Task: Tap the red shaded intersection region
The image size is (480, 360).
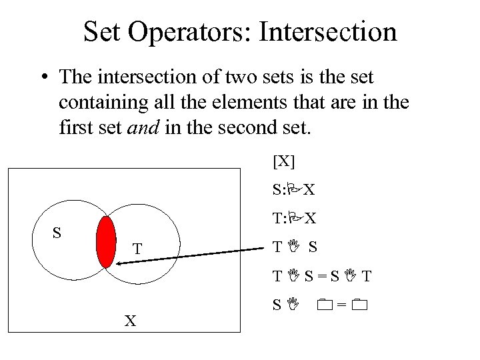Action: pyautogui.click(x=106, y=241)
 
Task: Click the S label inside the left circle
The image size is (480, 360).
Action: pyautogui.click(x=57, y=233)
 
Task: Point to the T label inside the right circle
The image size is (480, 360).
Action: pyautogui.click(x=136, y=249)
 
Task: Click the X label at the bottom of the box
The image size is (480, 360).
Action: pyautogui.click(x=131, y=321)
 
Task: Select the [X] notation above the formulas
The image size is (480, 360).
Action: pyautogui.click(x=283, y=161)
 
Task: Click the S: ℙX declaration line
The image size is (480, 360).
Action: pyautogui.click(x=293, y=191)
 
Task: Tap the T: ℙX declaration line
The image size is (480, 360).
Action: pyautogui.click(x=293, y=219)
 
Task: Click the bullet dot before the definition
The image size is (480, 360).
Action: pyautogui.click(x=42, y=78)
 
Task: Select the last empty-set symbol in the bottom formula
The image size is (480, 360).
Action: pyautogui.click(x=360, y=306)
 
